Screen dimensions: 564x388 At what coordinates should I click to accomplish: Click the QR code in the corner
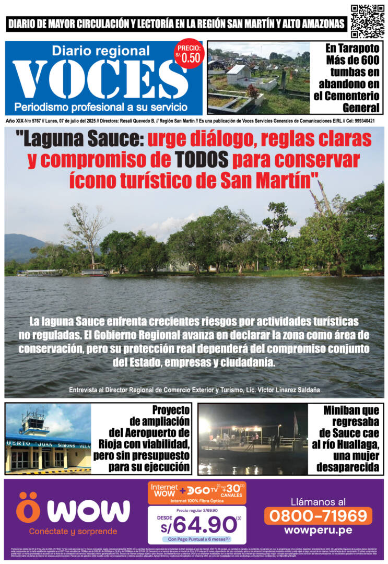367,21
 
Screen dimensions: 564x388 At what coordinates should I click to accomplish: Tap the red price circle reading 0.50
189,54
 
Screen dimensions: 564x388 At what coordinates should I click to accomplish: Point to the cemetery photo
258,78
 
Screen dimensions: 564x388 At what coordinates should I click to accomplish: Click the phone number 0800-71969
318,516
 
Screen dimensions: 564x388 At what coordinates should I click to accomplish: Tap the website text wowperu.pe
318,530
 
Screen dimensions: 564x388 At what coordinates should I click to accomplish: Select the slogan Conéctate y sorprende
66,532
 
